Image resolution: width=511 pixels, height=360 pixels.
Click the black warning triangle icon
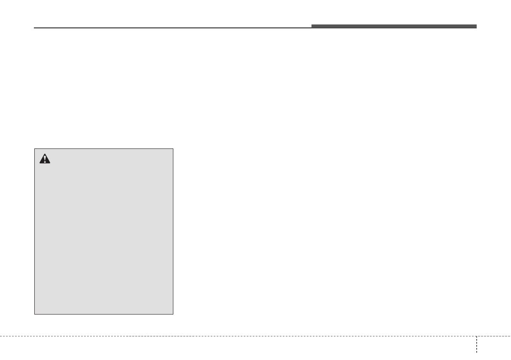pyautogui.click(x=45, y=158)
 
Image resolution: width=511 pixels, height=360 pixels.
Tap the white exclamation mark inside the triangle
pyautogui.click(x=45, y=159)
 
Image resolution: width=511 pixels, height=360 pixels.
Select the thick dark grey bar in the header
pyautogui.click(x=393, y=27)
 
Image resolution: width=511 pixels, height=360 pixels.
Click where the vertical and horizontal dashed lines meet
pyautogui.click(x=476, y=336)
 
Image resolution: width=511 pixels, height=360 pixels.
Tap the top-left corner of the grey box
pyautogui.click(x=35, y=149)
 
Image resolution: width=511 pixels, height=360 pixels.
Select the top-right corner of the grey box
pyautogui.click(x=173, y=149)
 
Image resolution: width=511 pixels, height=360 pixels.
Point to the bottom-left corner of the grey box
pyautogui.click(x=35, y=314)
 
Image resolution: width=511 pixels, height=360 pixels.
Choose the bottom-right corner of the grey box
pyautogui.click(x=173, y=314)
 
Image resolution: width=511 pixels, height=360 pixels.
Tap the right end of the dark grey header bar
pyautogui.click(x=476, y=27)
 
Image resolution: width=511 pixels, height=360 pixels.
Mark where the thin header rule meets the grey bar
pyautogui.click(x=312, y=28)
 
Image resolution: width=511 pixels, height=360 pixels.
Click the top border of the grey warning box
pyautogui.click(x=104, y=149)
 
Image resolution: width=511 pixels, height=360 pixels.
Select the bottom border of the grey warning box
pyautogui.click(x=104, y=314)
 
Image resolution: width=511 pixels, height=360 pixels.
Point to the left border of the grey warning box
pyautogui.click(x=35, y=232)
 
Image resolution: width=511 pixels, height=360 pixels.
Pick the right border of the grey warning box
pyautogui.click(x=173, y=232)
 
